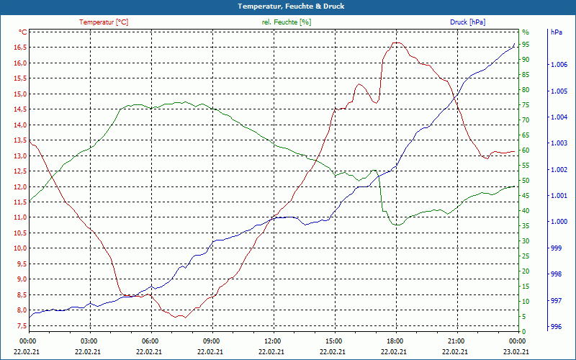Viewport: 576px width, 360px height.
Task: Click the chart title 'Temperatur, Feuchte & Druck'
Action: (288, 6)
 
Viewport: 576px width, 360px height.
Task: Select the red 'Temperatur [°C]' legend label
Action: (104, 22)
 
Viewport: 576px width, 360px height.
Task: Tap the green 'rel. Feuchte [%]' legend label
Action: (287, 22)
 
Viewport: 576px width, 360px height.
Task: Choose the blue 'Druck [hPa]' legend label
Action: (467, 22)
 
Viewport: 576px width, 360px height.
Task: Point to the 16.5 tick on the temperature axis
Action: (19, 48)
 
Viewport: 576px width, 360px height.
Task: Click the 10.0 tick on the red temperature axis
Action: (19, 248)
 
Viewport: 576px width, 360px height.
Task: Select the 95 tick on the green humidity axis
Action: (526, 45)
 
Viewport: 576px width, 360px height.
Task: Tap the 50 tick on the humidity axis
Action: (526, 181)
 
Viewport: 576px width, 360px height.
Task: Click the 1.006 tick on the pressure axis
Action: (559, 66)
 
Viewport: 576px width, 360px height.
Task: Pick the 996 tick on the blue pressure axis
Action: (556, 326)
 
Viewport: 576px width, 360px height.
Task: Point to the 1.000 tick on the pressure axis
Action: (559, 222)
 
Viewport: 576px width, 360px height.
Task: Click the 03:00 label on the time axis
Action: (89, 341)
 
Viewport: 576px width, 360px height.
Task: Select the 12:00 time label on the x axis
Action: (273, 341)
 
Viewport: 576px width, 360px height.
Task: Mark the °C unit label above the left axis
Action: (23, 32)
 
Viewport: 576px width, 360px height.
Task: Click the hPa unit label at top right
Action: (557, 32)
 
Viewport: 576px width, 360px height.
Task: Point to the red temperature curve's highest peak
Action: (396, 42)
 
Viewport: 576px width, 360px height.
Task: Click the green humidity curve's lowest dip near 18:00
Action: (396, 225)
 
